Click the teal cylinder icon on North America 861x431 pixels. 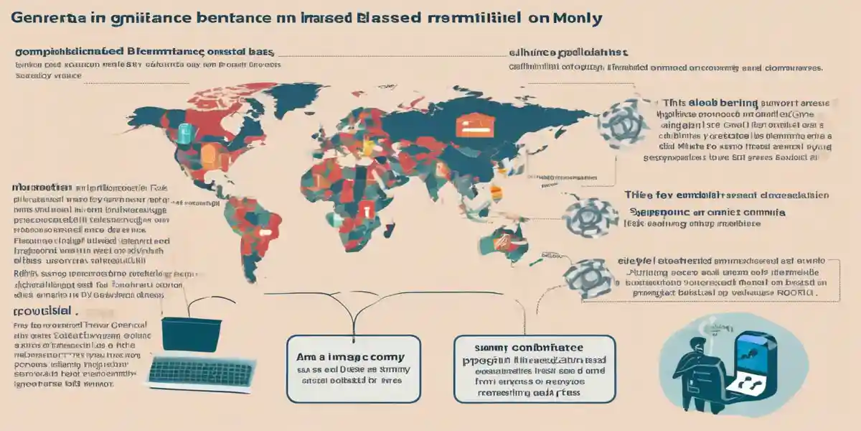[184, 133]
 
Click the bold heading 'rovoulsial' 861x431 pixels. [44, 310]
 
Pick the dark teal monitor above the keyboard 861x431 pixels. [189, 333]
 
